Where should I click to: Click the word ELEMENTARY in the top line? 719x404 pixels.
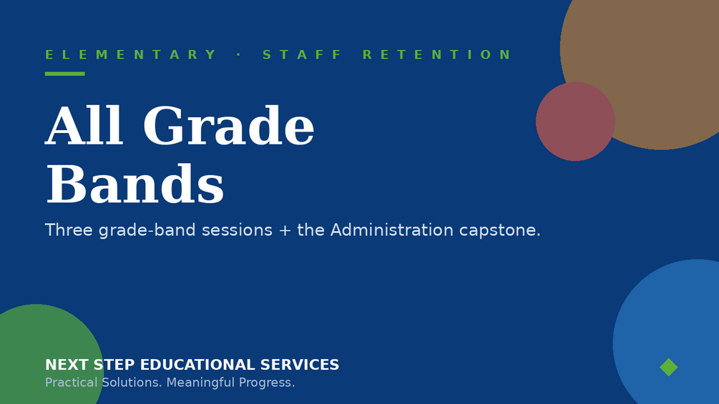point(130,54)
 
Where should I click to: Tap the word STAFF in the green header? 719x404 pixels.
point(301,54)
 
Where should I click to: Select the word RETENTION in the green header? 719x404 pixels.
point(436,54)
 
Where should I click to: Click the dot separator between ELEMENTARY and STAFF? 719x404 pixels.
point(238,54)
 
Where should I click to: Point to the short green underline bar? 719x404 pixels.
point(64,74)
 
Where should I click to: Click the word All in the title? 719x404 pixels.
point(84,126)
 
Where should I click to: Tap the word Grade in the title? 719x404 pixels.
point(229,126)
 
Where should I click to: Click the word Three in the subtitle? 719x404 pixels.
point(69,230)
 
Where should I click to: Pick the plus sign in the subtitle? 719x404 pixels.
point(285,230)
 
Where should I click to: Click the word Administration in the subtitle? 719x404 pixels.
point(391,230)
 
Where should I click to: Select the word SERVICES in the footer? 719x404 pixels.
point(300,365)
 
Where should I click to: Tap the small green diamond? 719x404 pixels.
point(668,367)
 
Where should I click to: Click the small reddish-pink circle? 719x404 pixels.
point(575,122)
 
